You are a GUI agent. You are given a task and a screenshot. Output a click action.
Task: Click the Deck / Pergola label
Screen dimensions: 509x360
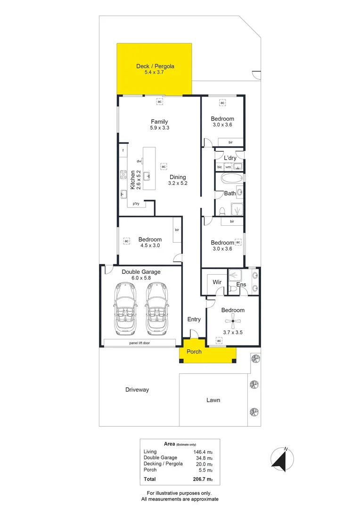(155, 66)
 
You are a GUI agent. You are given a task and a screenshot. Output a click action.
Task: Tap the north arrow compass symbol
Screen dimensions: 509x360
(283, 459)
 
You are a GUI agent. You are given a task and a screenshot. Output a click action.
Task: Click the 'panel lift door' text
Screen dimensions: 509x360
(140, 343)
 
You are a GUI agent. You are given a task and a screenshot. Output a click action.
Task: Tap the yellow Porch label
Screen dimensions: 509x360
(194, 352)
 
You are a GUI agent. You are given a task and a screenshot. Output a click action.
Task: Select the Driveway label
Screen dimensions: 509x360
(137, 390)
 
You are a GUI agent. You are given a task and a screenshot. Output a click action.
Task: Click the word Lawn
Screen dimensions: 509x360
(213, 400)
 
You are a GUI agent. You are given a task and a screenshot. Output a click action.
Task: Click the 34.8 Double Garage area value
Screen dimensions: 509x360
(202, 458)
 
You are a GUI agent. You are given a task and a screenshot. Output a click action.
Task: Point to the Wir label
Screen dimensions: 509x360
(217, 282)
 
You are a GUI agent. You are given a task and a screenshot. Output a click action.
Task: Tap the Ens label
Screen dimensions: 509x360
(241, 285)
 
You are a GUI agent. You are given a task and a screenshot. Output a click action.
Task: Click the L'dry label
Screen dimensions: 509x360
(230, 158)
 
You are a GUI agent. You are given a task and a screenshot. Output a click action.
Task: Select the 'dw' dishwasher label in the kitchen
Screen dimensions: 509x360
(139, 161)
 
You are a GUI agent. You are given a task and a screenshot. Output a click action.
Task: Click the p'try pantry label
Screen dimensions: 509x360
(136, 204)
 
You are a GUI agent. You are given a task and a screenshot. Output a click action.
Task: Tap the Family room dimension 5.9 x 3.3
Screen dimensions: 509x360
(159, 128)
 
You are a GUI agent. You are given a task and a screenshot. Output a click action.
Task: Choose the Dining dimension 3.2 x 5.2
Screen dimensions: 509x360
(178, 183)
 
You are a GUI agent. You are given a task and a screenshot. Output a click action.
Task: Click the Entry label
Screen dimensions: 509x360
(194, 319)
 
